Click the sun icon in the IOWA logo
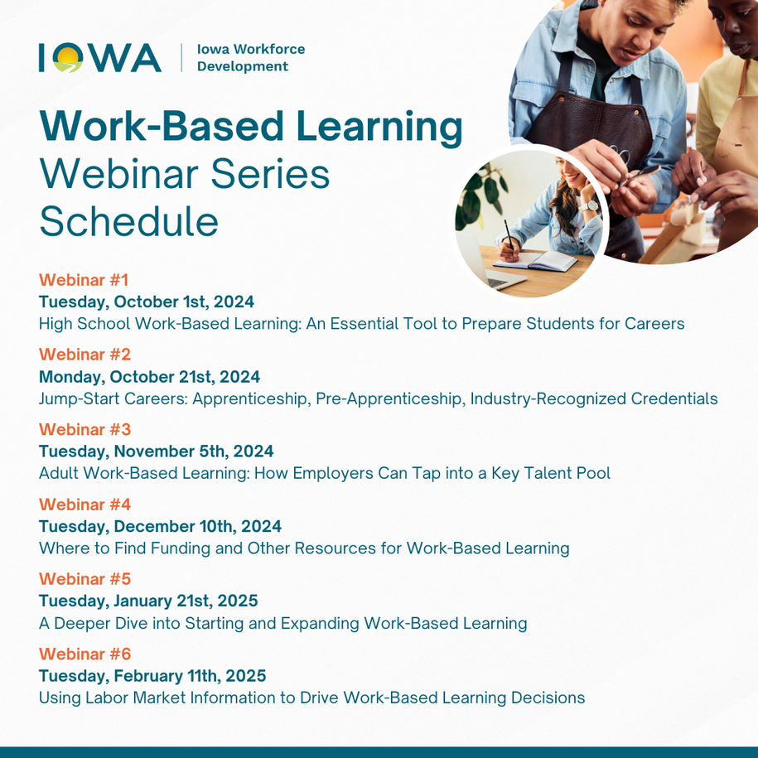tap(68, 57)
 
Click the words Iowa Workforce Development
tap(251, 57)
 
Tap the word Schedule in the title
tap(128, 221)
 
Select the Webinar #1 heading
tap(84, 280)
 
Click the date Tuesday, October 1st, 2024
tap(147, 302)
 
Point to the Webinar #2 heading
tap(84, 355)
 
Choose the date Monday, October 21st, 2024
tap(149, 377)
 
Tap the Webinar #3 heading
tap(84, 429)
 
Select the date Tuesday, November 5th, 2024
tap(156, 451)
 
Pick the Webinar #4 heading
tap(84, 505)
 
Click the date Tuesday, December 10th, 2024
tap(160, 526)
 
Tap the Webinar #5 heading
tap(84, 579)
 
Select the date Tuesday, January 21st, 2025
tap(148, 601)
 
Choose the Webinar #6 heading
tap(84, 654)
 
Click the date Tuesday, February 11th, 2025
tap(152, 676)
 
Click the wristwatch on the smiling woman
tap(589, 206)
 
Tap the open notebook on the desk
tap(535, 261)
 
